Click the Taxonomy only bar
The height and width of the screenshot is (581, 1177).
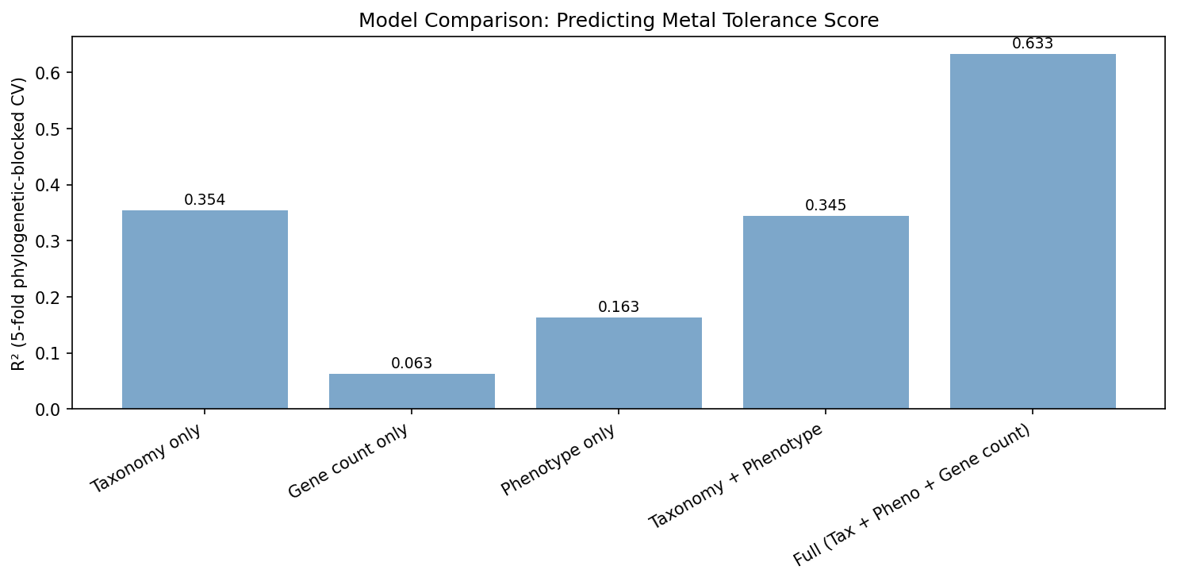(205, 310)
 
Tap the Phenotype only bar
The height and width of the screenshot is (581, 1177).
(619, 364)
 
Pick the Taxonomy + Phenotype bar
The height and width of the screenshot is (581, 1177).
(826, 312)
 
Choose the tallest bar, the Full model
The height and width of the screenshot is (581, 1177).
(1033, 231)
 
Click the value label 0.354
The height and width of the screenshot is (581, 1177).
(205, 200)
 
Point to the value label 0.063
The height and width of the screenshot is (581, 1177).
(412, 364)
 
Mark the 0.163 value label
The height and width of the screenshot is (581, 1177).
(619, 307)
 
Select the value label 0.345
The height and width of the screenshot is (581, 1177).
(826, 206)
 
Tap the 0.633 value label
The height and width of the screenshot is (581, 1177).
(1033, 44)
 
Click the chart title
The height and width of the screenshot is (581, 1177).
(619, 21)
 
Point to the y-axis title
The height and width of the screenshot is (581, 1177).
(19, 223)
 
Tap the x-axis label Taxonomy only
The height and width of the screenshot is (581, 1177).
(147, 459)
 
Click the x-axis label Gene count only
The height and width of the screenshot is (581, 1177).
(349, 461)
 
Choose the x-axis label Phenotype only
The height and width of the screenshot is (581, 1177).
(559, 460)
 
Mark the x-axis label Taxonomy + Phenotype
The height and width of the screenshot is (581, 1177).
(736, 477)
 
